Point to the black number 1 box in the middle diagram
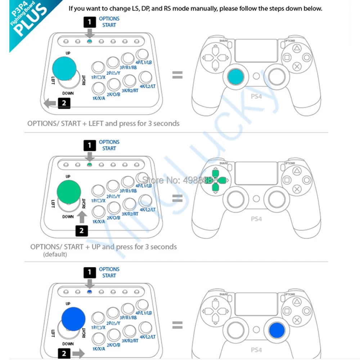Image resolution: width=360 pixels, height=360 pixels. pos(90,145)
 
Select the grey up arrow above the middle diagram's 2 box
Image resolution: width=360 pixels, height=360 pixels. pos(82,217)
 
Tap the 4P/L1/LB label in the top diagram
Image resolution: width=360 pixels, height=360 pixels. pos(144,62)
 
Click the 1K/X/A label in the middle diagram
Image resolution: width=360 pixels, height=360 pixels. pos(99,221)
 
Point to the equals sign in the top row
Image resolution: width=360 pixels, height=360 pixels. pos(177,75)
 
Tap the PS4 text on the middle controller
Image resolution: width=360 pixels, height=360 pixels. pos(256,219)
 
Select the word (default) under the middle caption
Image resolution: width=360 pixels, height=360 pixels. pos(55,255)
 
